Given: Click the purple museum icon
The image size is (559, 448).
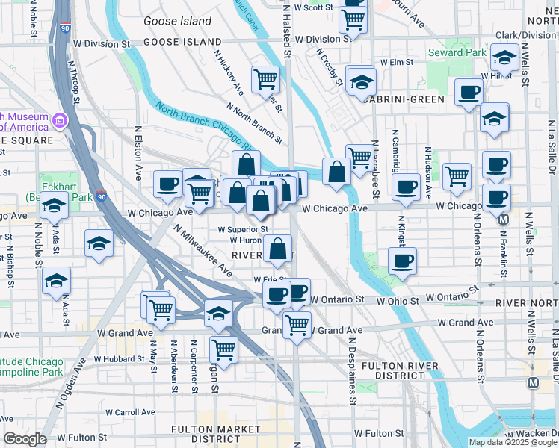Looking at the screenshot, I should pyautogui.click(x=60, y=119).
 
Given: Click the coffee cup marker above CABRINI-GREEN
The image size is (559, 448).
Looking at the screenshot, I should pyautogui.click(x=469, y=92).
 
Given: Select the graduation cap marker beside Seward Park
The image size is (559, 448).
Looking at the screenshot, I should pyautogui.click(x=505, y=57).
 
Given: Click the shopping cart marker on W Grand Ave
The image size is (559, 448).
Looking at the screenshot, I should pyautogui.click(x=297, y=323).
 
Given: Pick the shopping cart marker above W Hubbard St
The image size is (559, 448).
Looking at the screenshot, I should pyautogui.click(x=223, y=347).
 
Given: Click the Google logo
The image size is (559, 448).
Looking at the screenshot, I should pyautogui.click(x=24, y=439).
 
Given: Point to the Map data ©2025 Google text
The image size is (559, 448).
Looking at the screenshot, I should pyautogui.click(x=513, y=442).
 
